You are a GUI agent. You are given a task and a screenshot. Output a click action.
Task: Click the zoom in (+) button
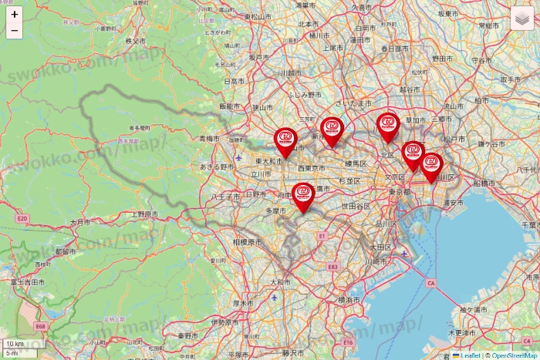coord(14,14)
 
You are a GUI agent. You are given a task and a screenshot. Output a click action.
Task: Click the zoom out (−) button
coord(14,31)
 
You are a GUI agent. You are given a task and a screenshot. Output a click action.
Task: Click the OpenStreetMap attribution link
coord(514,355)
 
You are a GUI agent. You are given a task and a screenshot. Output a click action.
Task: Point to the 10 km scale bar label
coord(15,343)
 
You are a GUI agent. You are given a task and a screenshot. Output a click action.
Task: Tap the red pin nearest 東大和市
coord(285,140)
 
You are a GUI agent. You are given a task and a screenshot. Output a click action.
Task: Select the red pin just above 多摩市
coord(304,195)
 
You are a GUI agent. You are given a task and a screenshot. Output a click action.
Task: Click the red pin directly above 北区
coord(388,126)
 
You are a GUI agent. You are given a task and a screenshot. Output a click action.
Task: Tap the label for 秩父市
coord(135,40)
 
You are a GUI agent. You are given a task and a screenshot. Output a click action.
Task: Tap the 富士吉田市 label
coord(24,283)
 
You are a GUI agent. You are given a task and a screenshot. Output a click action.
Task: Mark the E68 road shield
coord(40,326)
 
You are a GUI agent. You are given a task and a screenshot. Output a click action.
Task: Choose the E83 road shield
coord(332,266)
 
